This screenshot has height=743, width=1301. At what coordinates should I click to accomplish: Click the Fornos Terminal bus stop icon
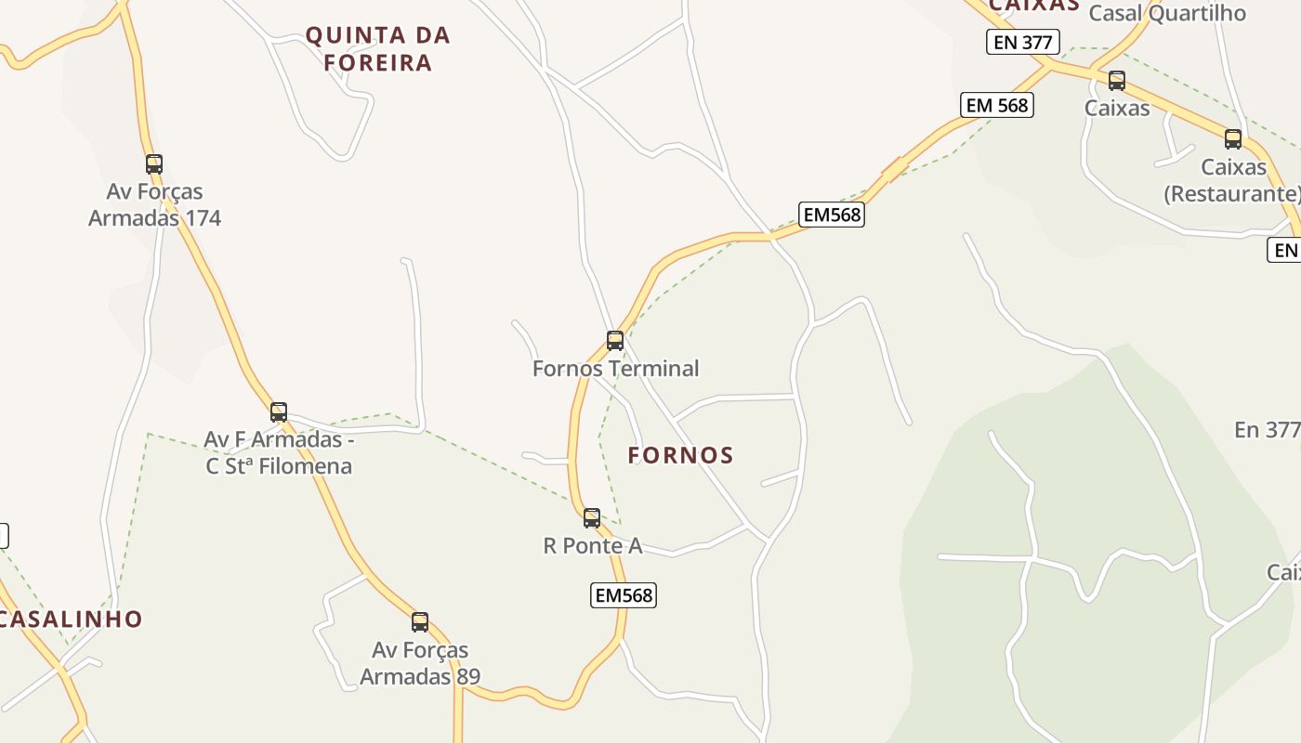(x=614, y=341)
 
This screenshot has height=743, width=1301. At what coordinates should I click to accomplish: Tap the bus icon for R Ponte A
(x=592, y=518)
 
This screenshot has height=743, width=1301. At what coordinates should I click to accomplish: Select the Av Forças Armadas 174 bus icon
(x=154, y=164)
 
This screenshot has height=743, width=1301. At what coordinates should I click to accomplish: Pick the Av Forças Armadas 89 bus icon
(x=420, y=622)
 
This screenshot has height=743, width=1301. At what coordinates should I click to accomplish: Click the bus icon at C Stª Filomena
(x=279, y=412)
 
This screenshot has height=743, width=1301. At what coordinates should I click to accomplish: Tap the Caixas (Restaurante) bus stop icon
(x=1233, y=139)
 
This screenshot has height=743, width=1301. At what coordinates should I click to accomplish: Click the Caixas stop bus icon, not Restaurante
(x=1117, y=81)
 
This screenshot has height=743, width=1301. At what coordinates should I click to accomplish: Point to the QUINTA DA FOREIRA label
(x=378, y=49)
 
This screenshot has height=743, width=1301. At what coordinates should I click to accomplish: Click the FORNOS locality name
(x=681, y=455)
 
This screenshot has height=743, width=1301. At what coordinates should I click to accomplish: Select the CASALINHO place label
(x=72, y=619)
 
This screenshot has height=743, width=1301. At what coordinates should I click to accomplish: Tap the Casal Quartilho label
(x=1166, y=13)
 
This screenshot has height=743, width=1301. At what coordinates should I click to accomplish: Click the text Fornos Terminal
(x=615, y=369)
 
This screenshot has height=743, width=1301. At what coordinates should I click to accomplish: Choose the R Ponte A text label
(x=593, y=545)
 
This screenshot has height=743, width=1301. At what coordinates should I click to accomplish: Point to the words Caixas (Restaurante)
(x=1233, y=180)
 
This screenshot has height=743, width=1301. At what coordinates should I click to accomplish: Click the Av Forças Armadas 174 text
(x=154, y=204)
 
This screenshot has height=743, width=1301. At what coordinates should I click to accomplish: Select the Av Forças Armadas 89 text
(x=420, y=663)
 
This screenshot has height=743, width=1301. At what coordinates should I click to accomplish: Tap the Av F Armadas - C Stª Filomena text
(x=279, y=452)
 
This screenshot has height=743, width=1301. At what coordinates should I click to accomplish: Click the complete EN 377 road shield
(x=1023, y=42)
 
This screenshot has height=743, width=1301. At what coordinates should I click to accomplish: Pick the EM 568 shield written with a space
(x=997, y=105)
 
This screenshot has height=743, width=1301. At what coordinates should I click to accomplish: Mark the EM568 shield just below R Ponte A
(x=624, y=595)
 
